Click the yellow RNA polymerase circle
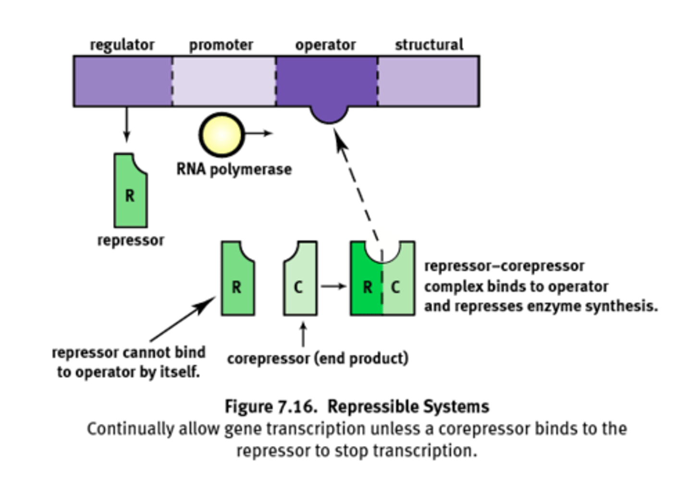tap(221, 134)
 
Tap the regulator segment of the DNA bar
tap(123, 81)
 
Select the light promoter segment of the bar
tap(224, 81)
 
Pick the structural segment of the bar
tap(428, 81)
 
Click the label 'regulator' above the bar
tap(122, 45)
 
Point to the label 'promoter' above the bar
tap(221, 45)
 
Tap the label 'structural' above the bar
tap(429, 45)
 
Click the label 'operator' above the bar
tap(325, 45)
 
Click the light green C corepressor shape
tap(300, 283)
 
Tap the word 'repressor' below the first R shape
tap(130, 240)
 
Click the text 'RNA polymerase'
tap(234, 169)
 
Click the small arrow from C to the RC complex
tap(334, 286)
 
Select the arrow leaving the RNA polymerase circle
tap(259, 133)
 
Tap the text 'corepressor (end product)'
tap(318, 358)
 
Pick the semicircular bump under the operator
tap(329, 114)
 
